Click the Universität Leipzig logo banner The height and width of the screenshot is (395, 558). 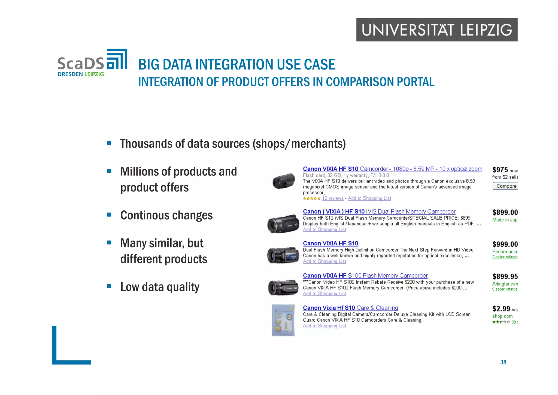click(x=437, y=30)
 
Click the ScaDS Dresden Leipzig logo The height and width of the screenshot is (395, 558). click(x=92, y=63)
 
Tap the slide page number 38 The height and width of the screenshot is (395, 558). click(x=503, y=362)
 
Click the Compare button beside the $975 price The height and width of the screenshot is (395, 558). click(x=506, y=186)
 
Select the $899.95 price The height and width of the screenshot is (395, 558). click(x=505, y=276)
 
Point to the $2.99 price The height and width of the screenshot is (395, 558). click(x=501, y=309)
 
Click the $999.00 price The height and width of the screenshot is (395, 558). click(x=505, y=244)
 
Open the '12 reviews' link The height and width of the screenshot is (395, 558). click(x=333, y=198)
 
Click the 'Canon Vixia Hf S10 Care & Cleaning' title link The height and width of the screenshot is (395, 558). click(x=350, y=308)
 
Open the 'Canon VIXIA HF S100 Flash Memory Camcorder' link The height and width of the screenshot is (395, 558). click(x=365, y=276)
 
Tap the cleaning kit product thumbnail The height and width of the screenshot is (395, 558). click(x=283, y=320)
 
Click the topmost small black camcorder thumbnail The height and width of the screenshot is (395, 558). click(x=284, y=181)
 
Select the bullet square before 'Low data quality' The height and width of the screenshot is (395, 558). click(x=109, y=286)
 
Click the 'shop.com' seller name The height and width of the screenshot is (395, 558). click(x=502, y=316)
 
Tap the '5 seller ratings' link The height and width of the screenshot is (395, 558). click(x=505, y=289)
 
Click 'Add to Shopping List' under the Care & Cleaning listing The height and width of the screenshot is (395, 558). click(x=324, y=326)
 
